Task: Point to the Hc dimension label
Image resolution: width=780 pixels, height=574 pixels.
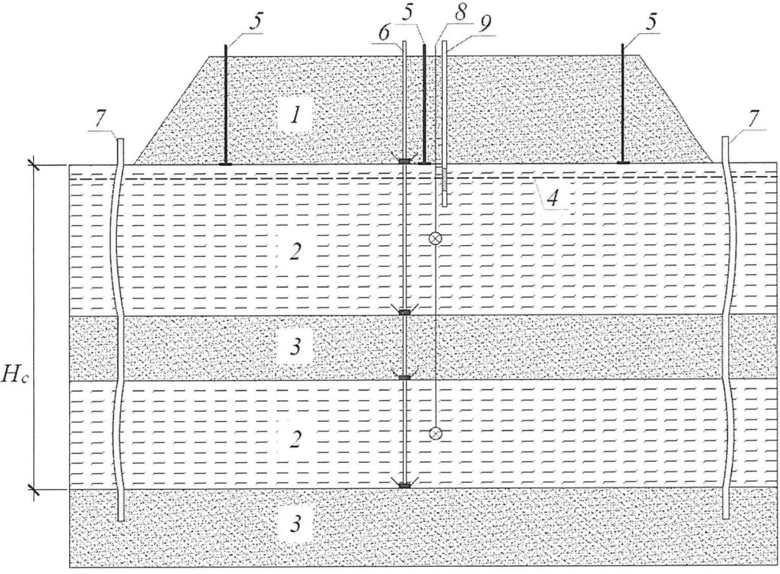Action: pos(15,378)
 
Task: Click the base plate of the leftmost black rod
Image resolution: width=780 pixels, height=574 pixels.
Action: pos(226,164)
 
